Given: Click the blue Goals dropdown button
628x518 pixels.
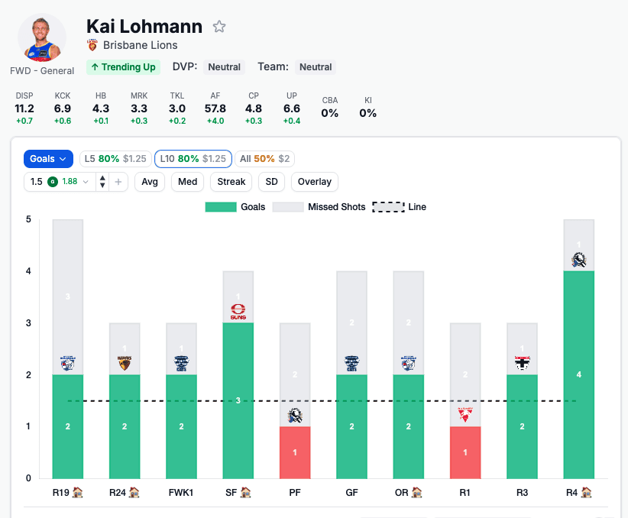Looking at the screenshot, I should pos(48,159).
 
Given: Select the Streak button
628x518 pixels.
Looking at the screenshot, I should pos(231,182).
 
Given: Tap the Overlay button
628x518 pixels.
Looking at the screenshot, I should pos(315,182).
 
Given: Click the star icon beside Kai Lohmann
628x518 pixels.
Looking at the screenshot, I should pos(219,27).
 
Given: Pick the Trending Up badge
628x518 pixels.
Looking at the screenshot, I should pos(123,67).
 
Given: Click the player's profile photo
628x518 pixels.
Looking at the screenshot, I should pos(41,38).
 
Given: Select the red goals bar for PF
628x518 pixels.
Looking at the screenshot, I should pos(295,452).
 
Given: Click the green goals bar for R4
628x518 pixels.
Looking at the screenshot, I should pos(578,374).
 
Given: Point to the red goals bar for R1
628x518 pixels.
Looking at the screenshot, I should pos(465,452).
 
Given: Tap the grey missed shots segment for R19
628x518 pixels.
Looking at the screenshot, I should pos(68,296).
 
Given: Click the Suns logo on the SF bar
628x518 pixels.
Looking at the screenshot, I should pos(238,312).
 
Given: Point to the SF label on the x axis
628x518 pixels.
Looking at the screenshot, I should pos(238,493).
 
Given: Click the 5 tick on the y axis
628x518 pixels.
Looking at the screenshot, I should pos(28,220).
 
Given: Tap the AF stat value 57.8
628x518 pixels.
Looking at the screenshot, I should pos(215,108).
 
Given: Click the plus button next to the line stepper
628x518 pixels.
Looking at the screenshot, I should pos(118,182).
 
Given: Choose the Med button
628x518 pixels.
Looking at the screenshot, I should pos(187,182).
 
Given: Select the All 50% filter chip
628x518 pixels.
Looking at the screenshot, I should pos(264,159).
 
